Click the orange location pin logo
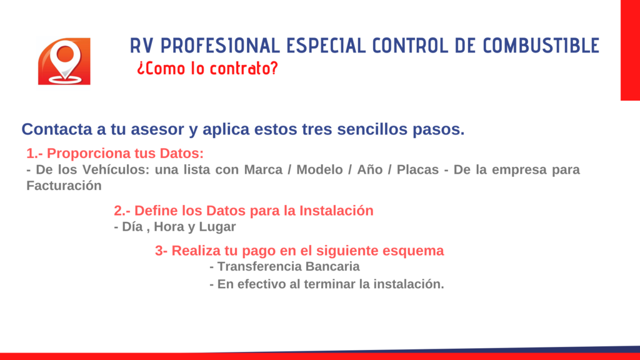pyautogui.click(x=64, y=61)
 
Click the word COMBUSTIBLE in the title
pyautogui.click(x=541, y=46)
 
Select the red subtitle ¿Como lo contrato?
pyautogui.click(x=207, y=68)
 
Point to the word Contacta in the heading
pyautogui.click(x=57, y=129)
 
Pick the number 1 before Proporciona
pyautogui.click(x=30, y=154)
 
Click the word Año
pyautogui.click(x=370, y=169)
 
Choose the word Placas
pyautogui.click(x=417, y=169)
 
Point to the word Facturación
pyautogui.click(x=64, y=186)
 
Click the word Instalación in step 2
pyautogui.click(x=336, y=211)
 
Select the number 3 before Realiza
pyautogui.click(x=159, y=251)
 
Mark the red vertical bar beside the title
pyautogui.click(x=630, y=50)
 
